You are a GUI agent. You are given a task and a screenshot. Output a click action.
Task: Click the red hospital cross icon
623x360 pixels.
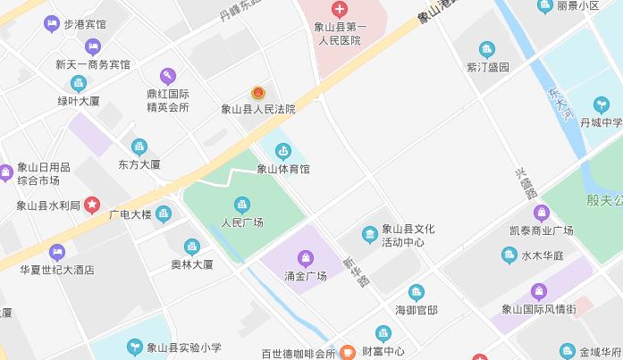(339, 10)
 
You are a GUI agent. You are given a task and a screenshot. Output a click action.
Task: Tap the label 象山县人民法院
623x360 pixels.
(257, 110)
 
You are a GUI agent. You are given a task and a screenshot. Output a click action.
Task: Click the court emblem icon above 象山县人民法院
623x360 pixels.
(257, 93)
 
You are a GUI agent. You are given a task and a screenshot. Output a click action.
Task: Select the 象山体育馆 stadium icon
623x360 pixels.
(283, 150)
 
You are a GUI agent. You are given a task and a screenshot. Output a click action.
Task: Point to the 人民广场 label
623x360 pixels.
(242, 222)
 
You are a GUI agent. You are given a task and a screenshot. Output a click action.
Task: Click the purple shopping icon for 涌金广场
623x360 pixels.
(306, 258)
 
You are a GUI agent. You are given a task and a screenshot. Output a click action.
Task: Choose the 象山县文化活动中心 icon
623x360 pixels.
(369, 235)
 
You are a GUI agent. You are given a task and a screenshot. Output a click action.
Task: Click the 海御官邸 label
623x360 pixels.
(417, 310)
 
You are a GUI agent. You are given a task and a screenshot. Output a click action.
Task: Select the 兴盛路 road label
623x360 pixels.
(526, 182)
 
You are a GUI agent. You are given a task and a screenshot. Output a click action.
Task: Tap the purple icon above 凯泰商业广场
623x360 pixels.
(540, 213)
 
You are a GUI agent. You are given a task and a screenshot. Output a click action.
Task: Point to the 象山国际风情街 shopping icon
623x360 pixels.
(539, 291)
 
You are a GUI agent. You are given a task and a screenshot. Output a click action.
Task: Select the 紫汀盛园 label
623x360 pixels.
(487, 67)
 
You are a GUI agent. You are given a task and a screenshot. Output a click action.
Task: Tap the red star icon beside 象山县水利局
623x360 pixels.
(93, 205)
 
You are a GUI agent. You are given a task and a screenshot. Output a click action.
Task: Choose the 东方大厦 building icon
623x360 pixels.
(139, 147)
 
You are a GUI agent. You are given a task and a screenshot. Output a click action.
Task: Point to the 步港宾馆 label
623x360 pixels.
(86, 24)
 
